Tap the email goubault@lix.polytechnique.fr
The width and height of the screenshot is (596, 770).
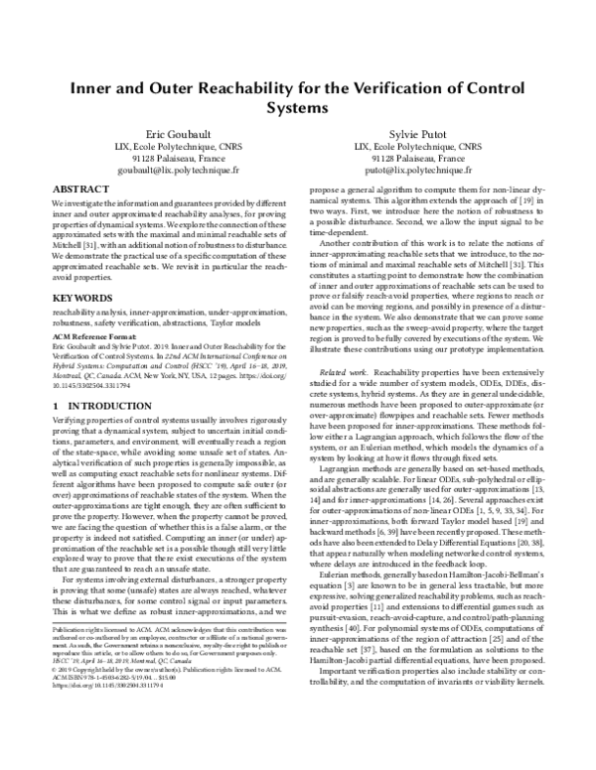(174, 170)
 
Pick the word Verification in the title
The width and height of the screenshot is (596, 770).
(408, 86)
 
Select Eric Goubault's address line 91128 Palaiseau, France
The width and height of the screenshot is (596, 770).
(174, 158)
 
